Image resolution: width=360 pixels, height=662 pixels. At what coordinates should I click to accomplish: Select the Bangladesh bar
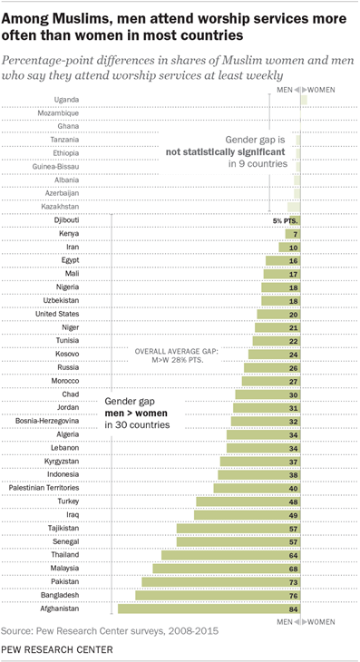[x=218, y=596]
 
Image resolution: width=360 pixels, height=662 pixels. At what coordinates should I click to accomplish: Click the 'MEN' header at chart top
[x=282, y=91]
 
